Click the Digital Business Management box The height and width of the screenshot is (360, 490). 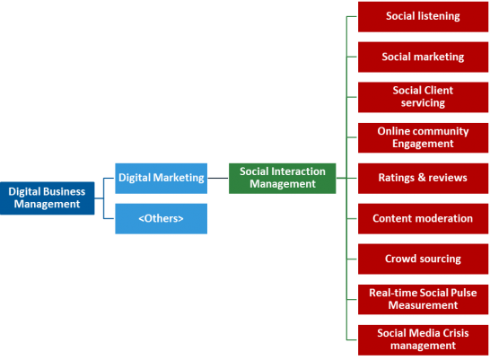47,198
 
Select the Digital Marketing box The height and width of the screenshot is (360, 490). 162,178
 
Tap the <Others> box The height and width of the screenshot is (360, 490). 162,218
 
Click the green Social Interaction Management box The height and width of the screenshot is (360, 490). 283,178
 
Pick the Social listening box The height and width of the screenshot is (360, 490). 423,16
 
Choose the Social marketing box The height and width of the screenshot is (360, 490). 423,57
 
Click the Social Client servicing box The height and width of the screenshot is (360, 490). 423,97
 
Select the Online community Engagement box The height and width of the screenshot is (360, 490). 423,137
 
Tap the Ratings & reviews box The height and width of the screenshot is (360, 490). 423,178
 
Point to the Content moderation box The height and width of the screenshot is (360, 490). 423,218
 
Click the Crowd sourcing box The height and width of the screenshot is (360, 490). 423,259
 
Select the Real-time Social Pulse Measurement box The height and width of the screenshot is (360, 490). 423,299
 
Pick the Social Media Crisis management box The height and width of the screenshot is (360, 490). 423,339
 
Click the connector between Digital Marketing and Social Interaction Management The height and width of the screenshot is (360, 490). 218,178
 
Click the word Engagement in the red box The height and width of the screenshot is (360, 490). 423,144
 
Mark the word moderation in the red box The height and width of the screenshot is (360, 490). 443,218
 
